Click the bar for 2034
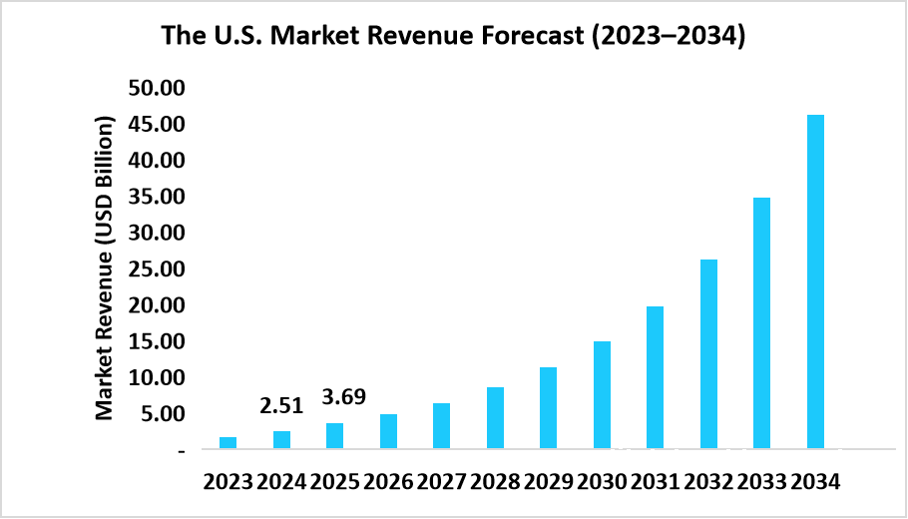815,281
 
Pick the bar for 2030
602,395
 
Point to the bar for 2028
495,418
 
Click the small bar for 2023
228,443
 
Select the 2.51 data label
281,405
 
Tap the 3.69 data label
343,396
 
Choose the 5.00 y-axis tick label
163,414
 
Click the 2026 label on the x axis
388,481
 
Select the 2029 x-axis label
548,481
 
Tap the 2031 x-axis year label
655,481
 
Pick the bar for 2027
441,426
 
